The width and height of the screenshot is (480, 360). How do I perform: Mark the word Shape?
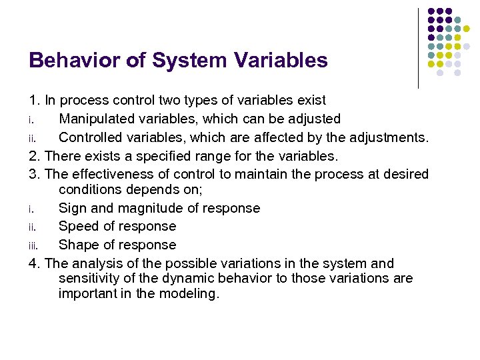click(x=78, y=245)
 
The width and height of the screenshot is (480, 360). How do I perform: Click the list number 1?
click(x=34, y=101)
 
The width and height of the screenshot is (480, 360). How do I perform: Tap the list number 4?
click(x=34, y=263)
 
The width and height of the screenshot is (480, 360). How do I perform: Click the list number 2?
click(x=34, y=156)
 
